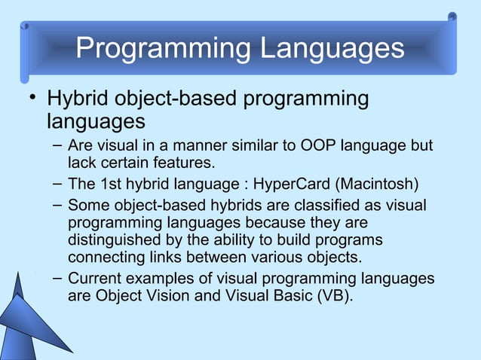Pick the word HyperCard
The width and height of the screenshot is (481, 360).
(x=290, y=185)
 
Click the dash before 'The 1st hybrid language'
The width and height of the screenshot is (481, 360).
(x=57, y=184)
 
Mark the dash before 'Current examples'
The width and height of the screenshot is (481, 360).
(x=57, y=278)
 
